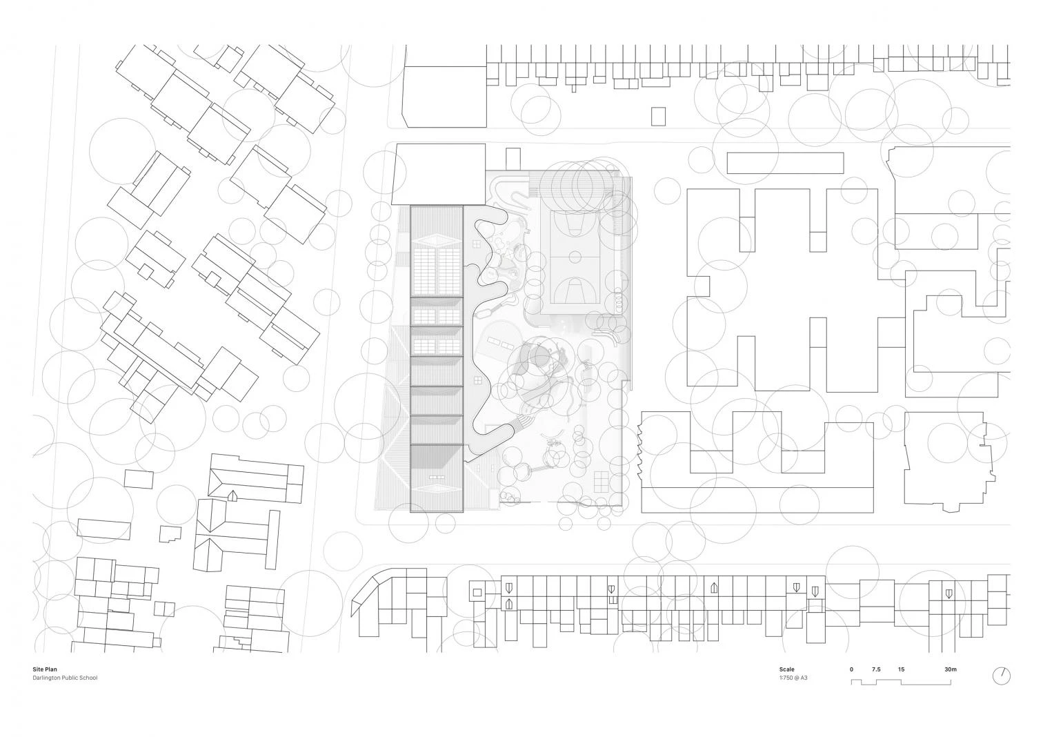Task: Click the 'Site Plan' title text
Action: pyautogui.click(x=45, y=669)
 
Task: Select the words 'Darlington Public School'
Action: pyautogui.click(x=65, y=678)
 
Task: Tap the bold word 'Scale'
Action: pyautogui.click(x=787, y=669)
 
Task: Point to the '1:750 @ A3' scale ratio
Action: pyautogui.click(x=793, y=678)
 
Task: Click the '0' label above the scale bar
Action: pyautogui.click(x=852, y=669)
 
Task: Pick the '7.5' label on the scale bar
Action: pyautogui.click(x=876, y=669)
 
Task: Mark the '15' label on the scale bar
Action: pyautogui.click(x=902, y=669)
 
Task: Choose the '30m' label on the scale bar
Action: pyautogui.click(x=951, y=669)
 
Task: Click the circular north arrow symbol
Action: pyautogui.click(x=1002, y=676)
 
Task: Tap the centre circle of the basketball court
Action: pyautogui.click(x=576, y=257)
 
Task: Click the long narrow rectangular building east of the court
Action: pyautogui.click(x=786, y=163)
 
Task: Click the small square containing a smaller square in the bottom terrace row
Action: pyautogui.click(x=477, y=593)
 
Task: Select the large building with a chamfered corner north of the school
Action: pyautogui.click(x=445, y=97)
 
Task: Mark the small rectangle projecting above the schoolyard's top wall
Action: pyautogui.click(x=513, y=159)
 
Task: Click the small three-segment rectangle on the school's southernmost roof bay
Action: pyautogui.click(x=436, y=477)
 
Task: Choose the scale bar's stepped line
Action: pyautogui.click(x=901, y=682)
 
